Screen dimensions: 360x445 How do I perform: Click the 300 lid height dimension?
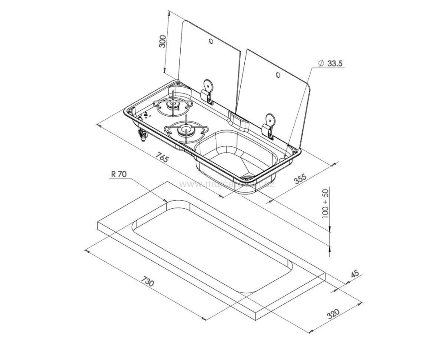tap(163, 41)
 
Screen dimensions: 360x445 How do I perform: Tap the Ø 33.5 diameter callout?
tap(331, 64)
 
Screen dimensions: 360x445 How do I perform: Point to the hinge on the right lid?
tap(269, 124)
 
